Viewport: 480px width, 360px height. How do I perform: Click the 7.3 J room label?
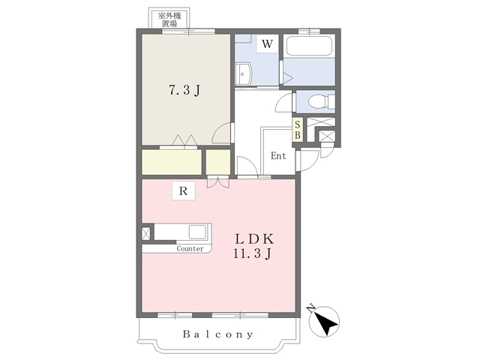click(184, 90)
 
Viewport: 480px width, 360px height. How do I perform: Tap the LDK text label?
click(254, 238)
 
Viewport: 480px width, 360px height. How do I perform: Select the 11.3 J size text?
click(253, 253)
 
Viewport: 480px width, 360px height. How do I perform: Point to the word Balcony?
click(218, 334)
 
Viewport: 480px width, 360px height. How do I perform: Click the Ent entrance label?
click(278, 156)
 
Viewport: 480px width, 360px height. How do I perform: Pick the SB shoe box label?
click(298, 130)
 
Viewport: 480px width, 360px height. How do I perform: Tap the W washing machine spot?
click(267, 43)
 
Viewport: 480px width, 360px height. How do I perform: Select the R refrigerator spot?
click(183, 191)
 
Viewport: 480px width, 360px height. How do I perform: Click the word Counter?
click(190, 248)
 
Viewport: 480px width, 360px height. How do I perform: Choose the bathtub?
click(309, 46)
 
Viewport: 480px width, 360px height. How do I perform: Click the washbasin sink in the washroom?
click(244, 73)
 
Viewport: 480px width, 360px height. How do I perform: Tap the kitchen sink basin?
click(197, 232)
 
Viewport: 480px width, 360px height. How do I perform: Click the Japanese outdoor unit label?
click(169, 19)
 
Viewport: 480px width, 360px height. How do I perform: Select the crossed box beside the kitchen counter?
click(146, 233)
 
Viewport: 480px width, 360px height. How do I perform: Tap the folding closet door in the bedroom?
click(184, 141)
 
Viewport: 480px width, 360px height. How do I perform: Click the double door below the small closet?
click(218, 181)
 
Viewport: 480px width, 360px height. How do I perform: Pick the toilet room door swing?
click(284, 103)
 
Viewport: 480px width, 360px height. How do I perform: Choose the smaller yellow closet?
click(218, 162)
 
